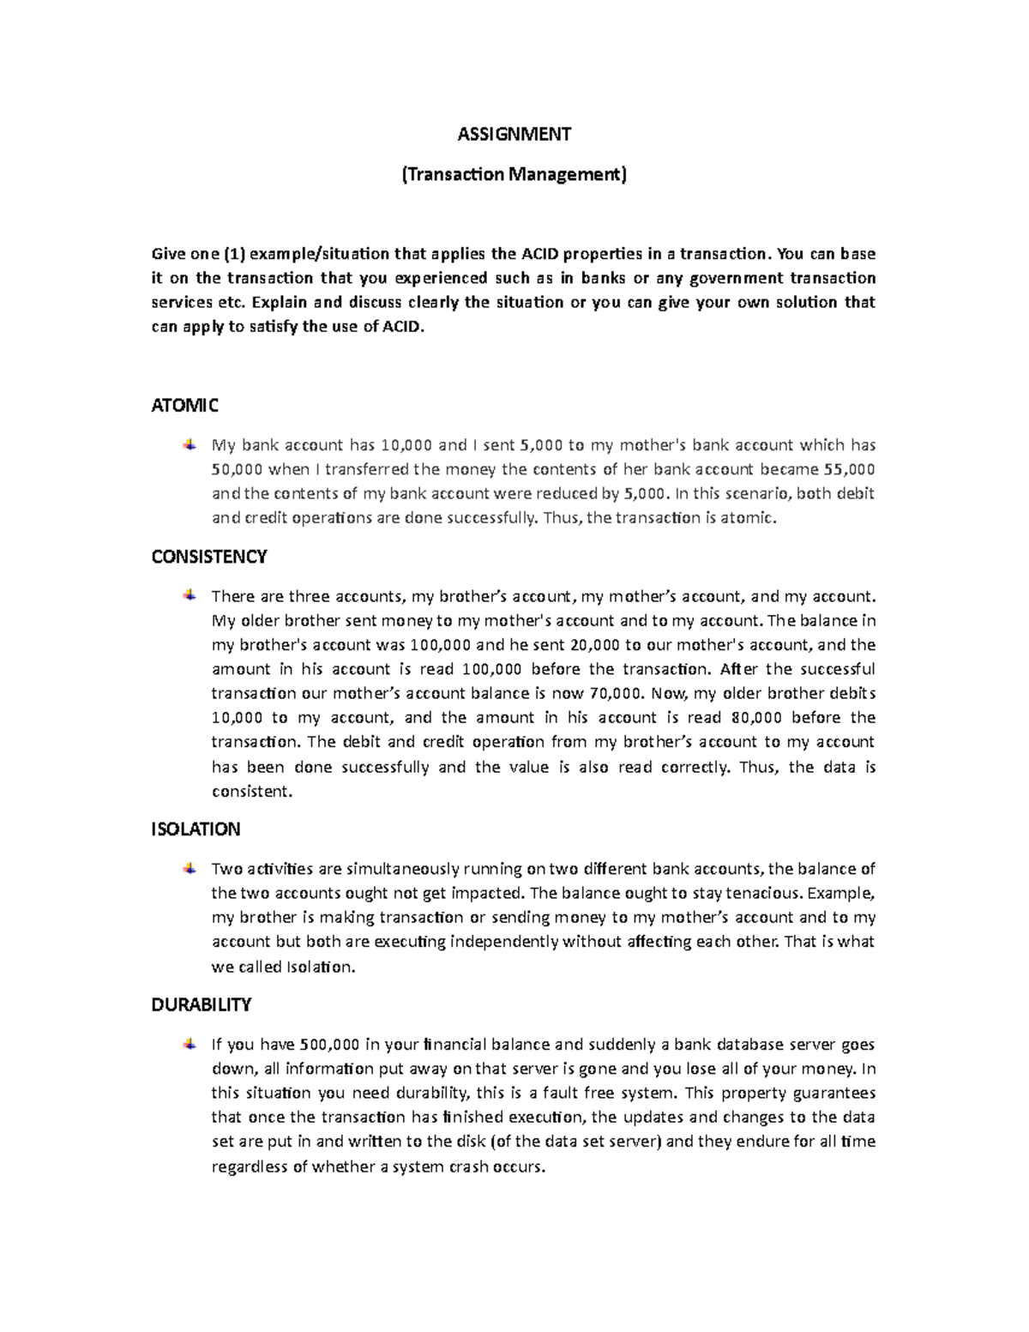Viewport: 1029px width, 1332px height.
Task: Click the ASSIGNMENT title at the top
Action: coord(514,134)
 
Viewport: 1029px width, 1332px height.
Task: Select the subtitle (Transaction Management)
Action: coord(514,175)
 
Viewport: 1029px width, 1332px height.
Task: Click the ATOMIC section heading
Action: coord(185,405)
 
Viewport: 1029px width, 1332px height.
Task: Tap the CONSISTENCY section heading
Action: coord(209,557)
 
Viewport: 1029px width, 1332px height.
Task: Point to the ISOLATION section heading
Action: coord(196,829)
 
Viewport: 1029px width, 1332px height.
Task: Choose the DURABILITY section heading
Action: coord(202,1004)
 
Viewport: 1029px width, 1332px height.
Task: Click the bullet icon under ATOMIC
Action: coord(188,444)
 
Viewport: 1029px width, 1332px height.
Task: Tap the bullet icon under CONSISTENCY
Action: coord(188,595)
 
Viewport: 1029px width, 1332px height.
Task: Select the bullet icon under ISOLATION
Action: coord(188,869)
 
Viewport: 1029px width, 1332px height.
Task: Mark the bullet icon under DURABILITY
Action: coord(188,1044)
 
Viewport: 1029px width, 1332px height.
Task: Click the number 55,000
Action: coord(849,469)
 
